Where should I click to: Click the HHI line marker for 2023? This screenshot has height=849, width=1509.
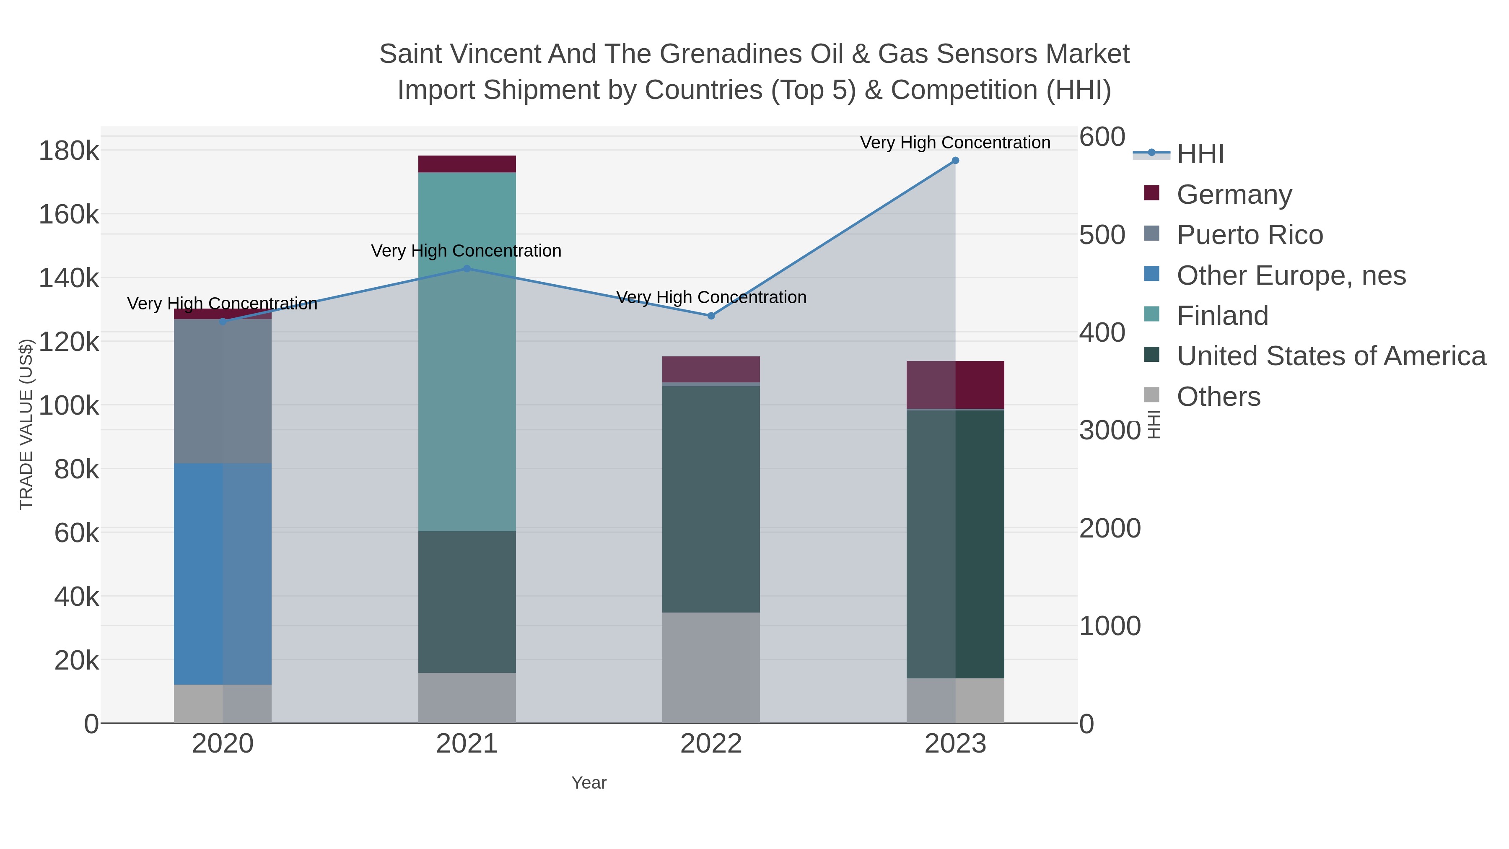click(955, 161)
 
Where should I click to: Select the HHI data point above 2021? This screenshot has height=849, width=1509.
click(467, 269)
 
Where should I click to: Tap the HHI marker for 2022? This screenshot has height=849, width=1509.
click(711, 316)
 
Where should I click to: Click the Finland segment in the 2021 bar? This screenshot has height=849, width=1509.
click(467, 352)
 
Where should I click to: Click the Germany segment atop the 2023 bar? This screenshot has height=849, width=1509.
click(955, 385)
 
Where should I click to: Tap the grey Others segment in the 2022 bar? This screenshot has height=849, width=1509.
click(711, 668)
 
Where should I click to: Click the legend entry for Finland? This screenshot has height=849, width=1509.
click(1223, 316)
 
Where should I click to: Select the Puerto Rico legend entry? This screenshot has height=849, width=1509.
click(1250, 235)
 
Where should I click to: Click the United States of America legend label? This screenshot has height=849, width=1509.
click(1331, 356)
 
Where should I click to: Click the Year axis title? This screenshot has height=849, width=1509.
click(589, 783)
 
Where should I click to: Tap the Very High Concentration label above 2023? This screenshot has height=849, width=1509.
click(955, 143)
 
